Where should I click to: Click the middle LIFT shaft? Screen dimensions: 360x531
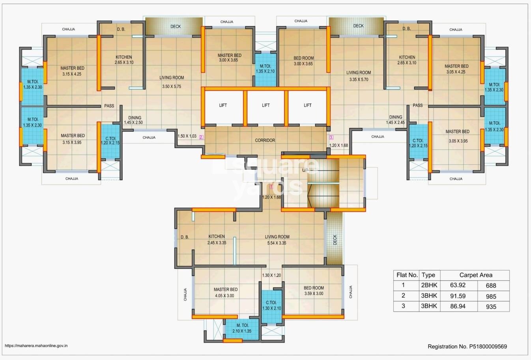266,105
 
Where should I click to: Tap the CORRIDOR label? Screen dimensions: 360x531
265,140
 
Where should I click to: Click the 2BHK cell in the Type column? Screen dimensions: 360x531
428,285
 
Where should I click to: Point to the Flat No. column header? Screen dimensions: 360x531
406,275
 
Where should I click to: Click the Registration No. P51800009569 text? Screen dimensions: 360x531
467,347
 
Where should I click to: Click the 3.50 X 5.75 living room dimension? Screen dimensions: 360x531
172,86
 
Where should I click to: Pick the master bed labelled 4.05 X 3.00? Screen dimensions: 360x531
226,293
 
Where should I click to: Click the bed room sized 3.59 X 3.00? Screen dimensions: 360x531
314,291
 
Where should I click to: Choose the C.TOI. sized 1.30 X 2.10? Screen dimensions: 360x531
272,305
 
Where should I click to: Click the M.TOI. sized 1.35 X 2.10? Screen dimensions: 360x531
265,69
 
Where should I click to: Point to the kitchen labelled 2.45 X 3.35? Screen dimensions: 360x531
217,240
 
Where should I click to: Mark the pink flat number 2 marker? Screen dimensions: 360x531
201,137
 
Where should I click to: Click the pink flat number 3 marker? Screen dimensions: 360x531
331,137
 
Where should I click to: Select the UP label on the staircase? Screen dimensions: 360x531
305,170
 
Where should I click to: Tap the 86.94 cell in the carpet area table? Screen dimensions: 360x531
458,306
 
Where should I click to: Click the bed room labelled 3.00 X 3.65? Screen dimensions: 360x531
304,61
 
